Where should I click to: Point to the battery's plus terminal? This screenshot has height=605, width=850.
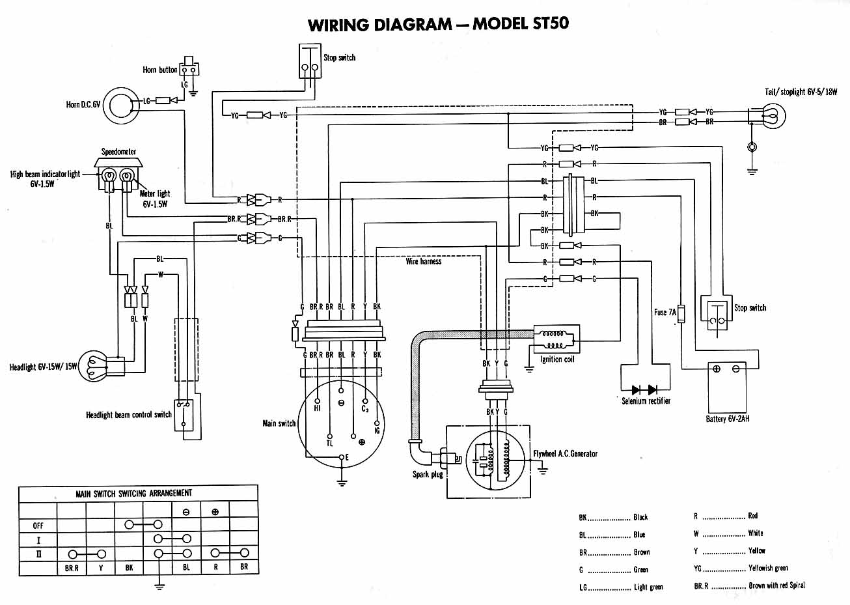pos(717,369)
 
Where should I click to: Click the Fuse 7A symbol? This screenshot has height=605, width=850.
pos(681,314)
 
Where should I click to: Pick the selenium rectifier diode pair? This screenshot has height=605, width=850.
pos(645,389)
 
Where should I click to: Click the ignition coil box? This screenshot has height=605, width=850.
pos(556,339)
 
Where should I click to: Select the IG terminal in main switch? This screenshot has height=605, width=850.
pos(377,423)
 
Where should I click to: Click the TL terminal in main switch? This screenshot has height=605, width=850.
pos(330,436)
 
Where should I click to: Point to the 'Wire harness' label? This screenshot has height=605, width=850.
pos(424,261)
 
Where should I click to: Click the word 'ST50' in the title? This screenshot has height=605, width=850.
pos(551,23)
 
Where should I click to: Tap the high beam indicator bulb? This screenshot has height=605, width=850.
pos(109,176)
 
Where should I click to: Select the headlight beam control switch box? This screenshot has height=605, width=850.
pos(184,415)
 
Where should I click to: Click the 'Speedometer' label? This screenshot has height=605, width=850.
pos(118,152)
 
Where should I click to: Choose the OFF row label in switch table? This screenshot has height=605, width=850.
pos(38,526)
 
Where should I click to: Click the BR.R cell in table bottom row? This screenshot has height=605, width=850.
pos(72,568)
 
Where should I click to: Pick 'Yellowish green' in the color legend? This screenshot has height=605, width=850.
pos(768,568)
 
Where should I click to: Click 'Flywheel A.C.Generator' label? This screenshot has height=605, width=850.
pos(565,453)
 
